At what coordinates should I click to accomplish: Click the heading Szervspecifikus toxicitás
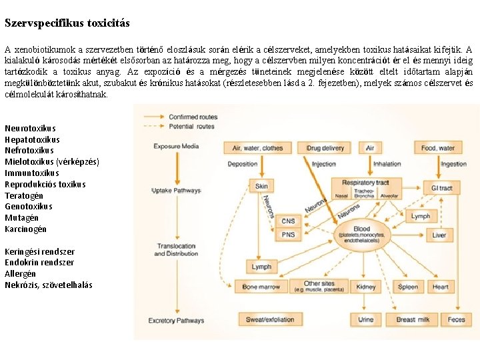pyautogui.click(x=67, y=23)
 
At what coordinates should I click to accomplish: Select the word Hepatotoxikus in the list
pyautogui.click(x=32, y=139)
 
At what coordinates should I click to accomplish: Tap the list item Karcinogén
pyautogui.click(x=25, y=229)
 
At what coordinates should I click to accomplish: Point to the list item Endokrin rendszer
pyautogui.click(x=39, y=263)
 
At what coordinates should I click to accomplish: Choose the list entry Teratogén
pyautogui.click(x=24, y=195)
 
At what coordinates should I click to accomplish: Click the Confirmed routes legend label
pyautogui.click(x=193, y=117)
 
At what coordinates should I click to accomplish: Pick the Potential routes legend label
pyautogui.click(x=191, y=126)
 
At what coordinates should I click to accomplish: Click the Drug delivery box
pyautogui.click(x=325, y=147)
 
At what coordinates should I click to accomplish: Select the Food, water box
pyautogui.click(x=438, y=147)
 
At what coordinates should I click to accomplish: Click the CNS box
pyautogui.click(x=289, y=221)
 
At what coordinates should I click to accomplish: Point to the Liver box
pyautogui.click(x=439, y=235)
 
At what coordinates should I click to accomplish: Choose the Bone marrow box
pyautogui.click(x=261, y=287)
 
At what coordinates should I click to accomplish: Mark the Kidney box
pyautogui.click(x=367, y=287)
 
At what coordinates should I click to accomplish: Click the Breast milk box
pyautogui.click(x=413, y=320)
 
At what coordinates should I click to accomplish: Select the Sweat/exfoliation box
pyautogui.click(x=270, y=320)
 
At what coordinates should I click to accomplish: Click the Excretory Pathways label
pyautogui.click(x=176, y=321)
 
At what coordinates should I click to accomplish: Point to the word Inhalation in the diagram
pyautogui.click(x=387, y=163)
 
